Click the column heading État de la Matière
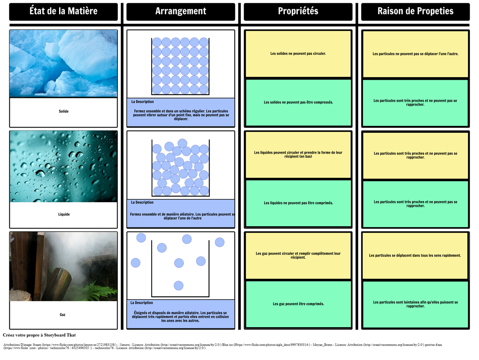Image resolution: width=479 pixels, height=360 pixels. pos(63,11)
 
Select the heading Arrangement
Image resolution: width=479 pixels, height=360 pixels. pos(181,11)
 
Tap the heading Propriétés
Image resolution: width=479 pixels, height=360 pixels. pos(298,11)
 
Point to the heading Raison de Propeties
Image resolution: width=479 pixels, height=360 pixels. pos(416,11)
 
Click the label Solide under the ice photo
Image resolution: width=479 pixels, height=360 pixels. pos(63,111)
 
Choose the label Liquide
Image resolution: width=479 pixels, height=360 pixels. pos(64,215)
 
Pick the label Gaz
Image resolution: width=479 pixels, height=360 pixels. pos(63,315)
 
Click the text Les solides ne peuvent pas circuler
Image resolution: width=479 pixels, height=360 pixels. pos(298,54)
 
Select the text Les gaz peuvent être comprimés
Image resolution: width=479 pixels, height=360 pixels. pos(299,304)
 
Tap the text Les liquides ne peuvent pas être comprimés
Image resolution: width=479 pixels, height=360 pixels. pos(299,203)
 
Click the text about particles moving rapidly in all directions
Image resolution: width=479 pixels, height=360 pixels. pos(415,255)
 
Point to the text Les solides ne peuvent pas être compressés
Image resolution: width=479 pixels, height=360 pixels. pos(299,102)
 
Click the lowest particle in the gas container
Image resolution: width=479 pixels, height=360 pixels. pos(178,286)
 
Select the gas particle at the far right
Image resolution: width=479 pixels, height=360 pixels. pos(220,242)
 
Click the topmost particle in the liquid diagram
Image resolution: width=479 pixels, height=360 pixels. pos(182,143)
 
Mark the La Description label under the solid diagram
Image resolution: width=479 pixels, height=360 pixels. pos(143,102)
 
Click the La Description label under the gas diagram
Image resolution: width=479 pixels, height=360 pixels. pos(142,303)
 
